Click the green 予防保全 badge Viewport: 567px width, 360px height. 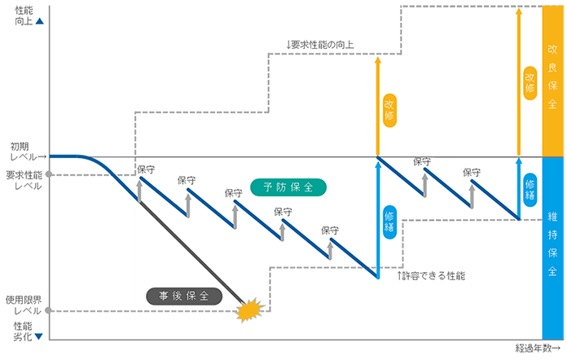tap(289, 187)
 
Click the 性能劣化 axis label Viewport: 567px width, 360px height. tap(24, 331)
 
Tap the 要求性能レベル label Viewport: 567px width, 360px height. tap(24, 180)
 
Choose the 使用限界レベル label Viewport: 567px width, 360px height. tap(24, 305)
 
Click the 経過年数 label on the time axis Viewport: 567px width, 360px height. tap(538, 348)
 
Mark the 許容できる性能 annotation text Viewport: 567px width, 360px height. tap(432, 276)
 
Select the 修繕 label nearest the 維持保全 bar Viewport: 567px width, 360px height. tap(530, 188)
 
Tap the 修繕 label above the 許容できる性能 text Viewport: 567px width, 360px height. tap(389, 220)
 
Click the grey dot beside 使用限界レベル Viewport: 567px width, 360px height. tap(49, 311)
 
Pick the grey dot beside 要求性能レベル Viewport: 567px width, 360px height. tap(49, 174)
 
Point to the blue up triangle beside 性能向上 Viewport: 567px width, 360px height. tap(39, 21)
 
